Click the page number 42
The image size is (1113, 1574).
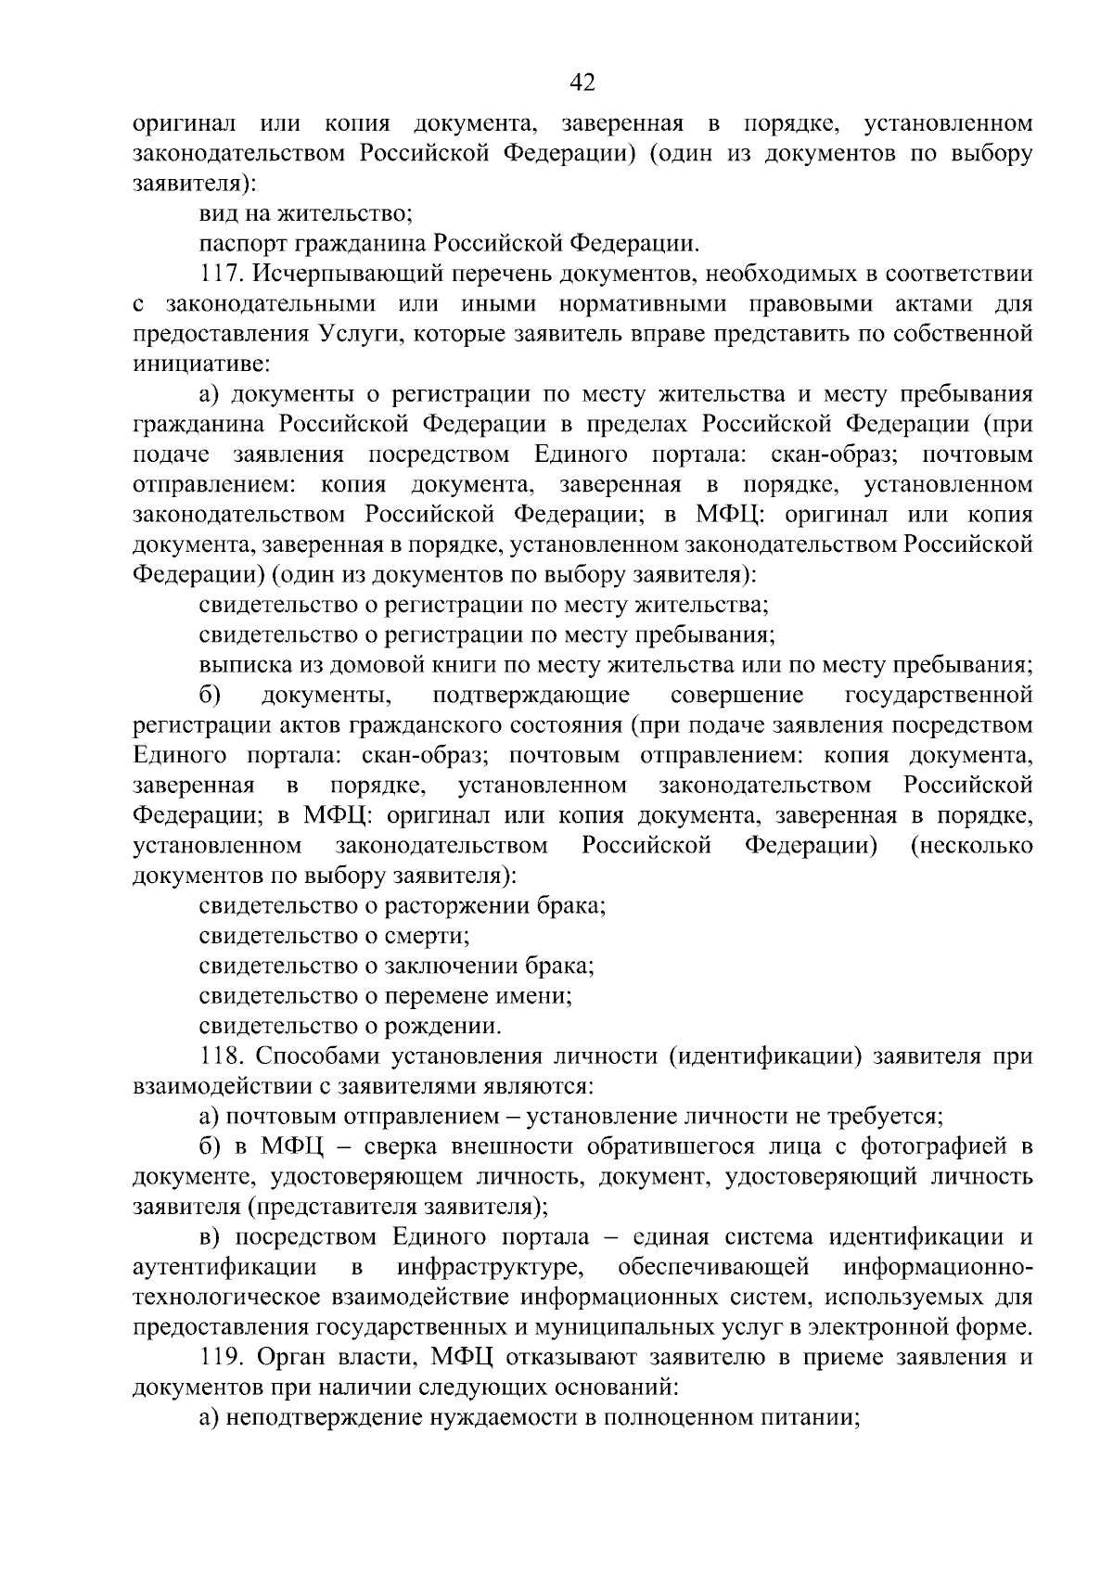click(582, 83)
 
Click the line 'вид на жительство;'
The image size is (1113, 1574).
click(305, 214)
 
